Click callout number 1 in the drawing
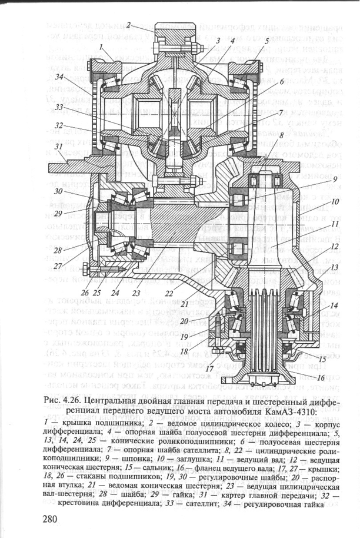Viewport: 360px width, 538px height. click(101, 45)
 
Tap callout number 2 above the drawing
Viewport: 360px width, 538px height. click(128, 25)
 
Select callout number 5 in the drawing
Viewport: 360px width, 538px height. click(266, 41)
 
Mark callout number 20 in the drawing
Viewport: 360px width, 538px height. click(216, 321)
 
